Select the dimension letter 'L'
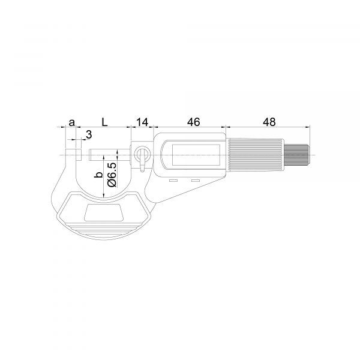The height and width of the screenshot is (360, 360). (x=105, y=122)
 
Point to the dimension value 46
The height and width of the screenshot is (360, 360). (x=193, y=122)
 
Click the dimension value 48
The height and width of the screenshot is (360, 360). (x=269, y=122)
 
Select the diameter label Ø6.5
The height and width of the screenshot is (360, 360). (x=111, y=174)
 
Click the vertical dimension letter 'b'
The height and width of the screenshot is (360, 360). (x=96, y=175)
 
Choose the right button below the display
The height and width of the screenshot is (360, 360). (x=195, y=181)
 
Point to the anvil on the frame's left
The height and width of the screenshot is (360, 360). (x=78, y=155)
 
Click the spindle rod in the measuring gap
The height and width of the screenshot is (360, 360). (x=108, y=155)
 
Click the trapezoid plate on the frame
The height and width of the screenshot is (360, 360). (x=104, y=212)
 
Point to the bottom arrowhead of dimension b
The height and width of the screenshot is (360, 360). (x=103, y=195)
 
